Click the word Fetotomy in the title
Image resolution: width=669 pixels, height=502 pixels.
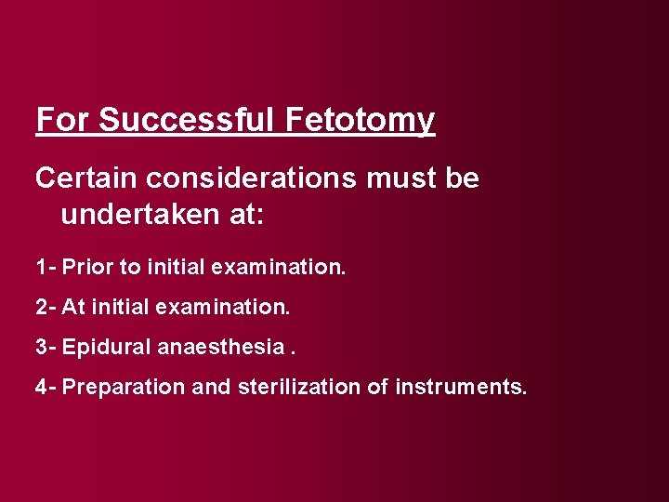pyautogui.click(x=361, y=120)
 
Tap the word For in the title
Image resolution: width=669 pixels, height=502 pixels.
pyautogui.click(x=63, y=120)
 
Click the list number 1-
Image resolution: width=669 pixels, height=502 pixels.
pyautogui.click(x=46, y=268)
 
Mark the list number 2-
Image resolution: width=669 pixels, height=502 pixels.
pyautogui.click(x=46, y=307)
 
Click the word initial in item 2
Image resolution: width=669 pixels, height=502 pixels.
pyautogui.click(x=111, y=307)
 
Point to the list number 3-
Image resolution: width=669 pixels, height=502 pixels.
pyautogui.click(x=46, y=347)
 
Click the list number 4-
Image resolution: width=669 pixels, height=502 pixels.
pyautogui.click(x=46, y=386)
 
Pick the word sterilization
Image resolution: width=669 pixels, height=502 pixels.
pyautogui.click(x=290, y=386)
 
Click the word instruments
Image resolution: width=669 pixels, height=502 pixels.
pyautogui.click(x=460, y=386)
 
